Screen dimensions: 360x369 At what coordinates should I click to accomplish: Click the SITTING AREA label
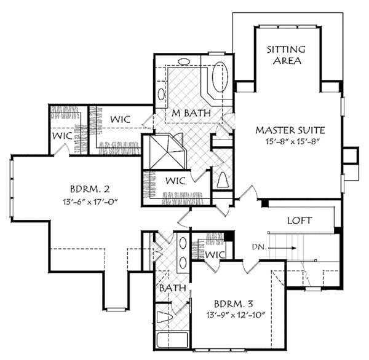coord(283,55)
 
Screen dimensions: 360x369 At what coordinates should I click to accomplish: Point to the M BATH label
coord(191,113)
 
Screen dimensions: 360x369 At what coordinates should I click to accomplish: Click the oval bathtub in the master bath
coord(220,78)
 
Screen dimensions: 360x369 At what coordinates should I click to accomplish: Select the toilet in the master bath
coord(223,179)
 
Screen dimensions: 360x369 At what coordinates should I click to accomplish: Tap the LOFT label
coord(301,220)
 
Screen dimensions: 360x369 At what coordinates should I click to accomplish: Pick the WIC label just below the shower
coord(176,181)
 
